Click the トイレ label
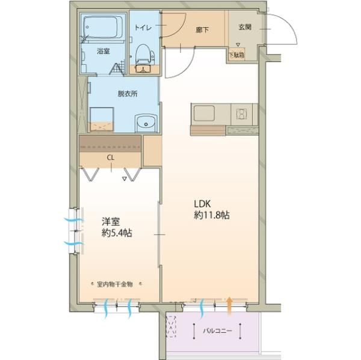(x=143, y=28)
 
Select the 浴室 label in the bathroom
(x=103, y=51)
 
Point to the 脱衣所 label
(x=128, y=94)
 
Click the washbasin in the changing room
(x=146, y=123)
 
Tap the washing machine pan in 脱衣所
(x=102, y=120)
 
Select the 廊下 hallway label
(x=202, y=29)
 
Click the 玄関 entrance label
(x=244, y=27)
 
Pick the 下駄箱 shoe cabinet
(x=236, y=55)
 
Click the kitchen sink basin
(x=204, y=113)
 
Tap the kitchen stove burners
(x=241, y=113)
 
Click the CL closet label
(x=111, y=157)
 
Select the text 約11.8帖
(x=212, y=215)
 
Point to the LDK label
(x=202, y=204)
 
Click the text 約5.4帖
(x=117, y=233)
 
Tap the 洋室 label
(x=111, y=222)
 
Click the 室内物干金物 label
(x=115, y=284)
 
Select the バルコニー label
(x=218, y=331)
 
